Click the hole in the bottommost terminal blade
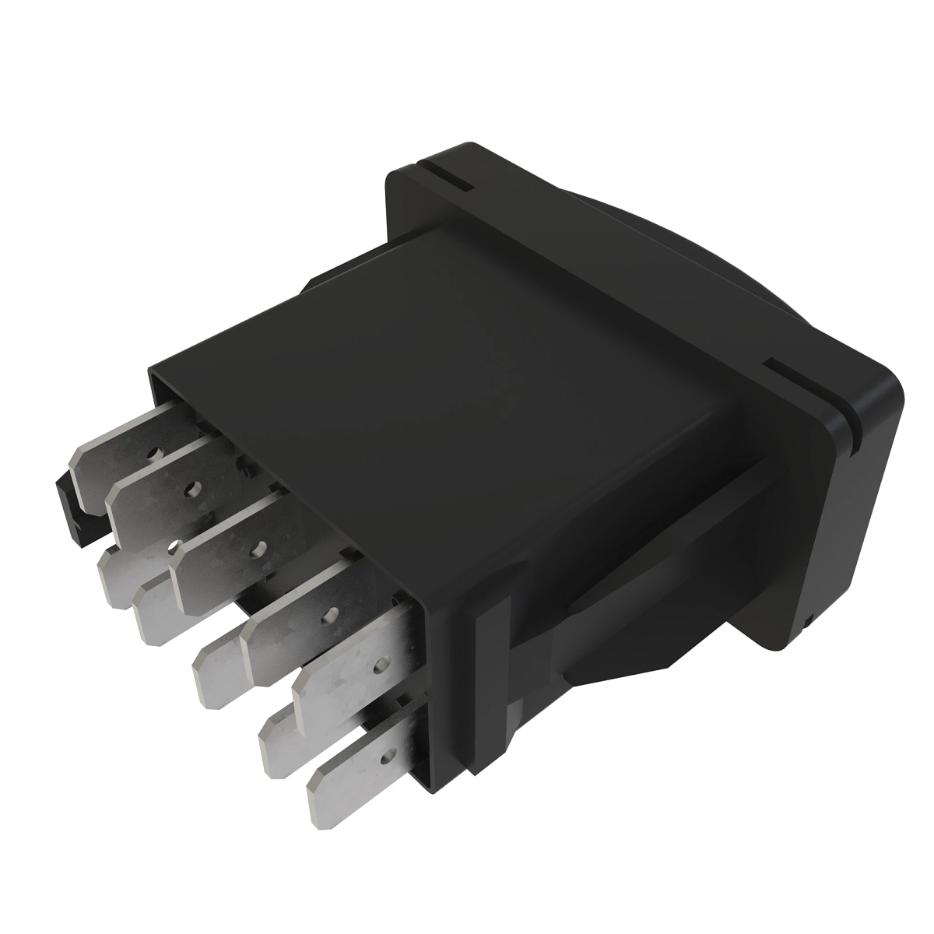(384, 753)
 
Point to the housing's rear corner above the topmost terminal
(156, 374)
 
